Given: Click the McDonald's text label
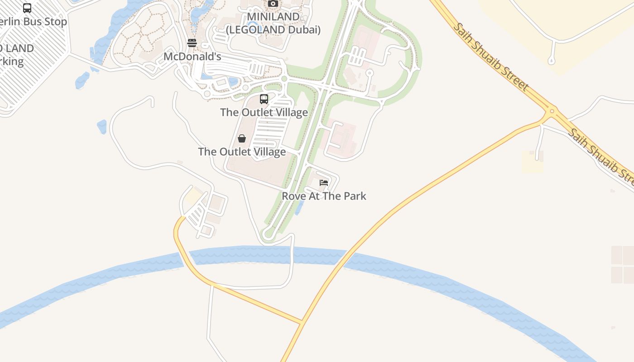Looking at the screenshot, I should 192,57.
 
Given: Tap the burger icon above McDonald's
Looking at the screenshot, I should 192,43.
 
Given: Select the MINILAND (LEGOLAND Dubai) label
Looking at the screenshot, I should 273,24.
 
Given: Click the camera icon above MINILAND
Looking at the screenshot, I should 273,4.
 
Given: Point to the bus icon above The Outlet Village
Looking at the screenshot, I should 264,99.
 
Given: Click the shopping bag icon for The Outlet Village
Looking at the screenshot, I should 242,138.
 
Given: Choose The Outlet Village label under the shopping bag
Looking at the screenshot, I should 242,152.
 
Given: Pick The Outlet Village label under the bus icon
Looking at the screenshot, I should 264,112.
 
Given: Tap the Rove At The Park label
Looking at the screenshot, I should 324,196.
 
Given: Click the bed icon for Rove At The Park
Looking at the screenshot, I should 324,183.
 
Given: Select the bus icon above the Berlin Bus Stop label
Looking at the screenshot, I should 27,8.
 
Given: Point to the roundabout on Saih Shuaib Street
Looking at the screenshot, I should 552,110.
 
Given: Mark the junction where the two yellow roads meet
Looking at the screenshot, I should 302,323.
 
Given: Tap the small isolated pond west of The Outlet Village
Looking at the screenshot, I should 102,127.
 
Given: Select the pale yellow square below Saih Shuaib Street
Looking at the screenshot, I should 532,162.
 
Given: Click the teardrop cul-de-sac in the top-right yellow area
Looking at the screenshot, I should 552,60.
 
